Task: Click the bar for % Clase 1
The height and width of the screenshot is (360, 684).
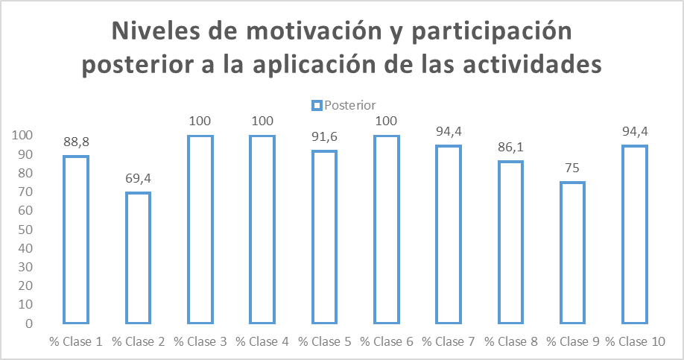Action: coord(76,239)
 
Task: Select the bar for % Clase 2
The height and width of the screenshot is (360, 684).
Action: coord(138,258)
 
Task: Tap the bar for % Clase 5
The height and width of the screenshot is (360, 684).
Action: coord(324,237)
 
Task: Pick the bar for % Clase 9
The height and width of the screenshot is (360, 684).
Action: coord(572,253)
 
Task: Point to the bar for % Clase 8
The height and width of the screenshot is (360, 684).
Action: coord(510,242)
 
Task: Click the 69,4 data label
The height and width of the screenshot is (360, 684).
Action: coord(138,179)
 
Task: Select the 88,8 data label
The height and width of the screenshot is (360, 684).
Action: coord(76,142)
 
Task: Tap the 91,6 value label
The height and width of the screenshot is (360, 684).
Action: coord(324,137)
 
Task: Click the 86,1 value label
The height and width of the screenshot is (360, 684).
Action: coord(510,148)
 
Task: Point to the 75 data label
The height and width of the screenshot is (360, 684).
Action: coord(572,168)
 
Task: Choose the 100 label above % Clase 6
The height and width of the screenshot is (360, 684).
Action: coord(386,121)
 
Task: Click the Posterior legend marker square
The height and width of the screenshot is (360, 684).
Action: coord(316,105)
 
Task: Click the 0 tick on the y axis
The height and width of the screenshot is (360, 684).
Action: coord(28,323)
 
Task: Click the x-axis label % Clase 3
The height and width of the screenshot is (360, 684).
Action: coord(200,342)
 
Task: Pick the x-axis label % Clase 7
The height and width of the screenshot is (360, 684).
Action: coord(448,342)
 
